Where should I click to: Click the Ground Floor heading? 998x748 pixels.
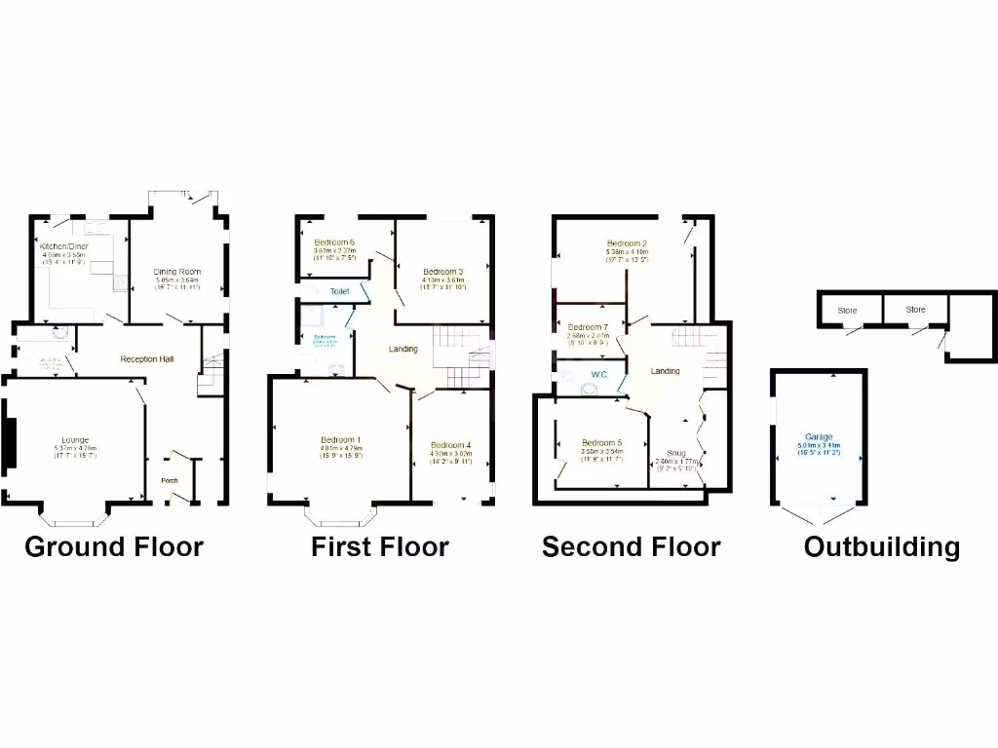[x=114, y=546]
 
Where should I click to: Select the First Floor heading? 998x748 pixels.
[x=380, y=546]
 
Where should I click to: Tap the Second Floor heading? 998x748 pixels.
[x=632, y=546]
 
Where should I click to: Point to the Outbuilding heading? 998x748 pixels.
[x=882, y=546]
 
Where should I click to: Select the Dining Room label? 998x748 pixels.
[x=177, y=272]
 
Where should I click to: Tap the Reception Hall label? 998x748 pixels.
[x=147, y=359]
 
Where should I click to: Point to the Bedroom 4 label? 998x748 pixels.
[x=451, y=445]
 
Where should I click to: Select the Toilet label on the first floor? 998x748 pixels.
[x=340, y=291]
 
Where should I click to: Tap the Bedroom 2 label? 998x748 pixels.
[x=627, y=243]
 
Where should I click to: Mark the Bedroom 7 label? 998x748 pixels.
[x=588, y=327]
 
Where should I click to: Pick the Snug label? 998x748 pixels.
[x=676, y=453]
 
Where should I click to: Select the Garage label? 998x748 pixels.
[x=819, y=436]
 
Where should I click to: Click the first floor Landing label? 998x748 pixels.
[x=403, y=349]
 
